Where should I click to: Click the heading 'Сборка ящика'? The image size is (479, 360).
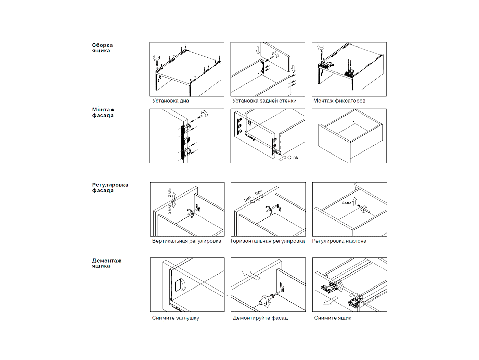tap(102, 48)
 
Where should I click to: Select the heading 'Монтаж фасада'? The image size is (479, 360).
tap(103, 112)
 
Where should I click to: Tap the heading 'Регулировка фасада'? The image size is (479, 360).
tap(110, 188)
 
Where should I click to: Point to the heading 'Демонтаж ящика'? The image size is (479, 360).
tap(106, 263)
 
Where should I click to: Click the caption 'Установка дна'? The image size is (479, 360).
tap(170, 101)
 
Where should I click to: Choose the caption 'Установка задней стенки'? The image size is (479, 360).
tap(264, 101)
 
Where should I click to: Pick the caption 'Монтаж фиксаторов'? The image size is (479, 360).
tap(339, 101)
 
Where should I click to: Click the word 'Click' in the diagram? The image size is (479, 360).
tap(293, 158)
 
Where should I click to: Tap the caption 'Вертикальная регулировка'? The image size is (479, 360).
tap(186, 241)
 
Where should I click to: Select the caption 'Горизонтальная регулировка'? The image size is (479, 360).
tap(267, 241)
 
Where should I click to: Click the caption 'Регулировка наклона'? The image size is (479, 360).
tap(339, 241)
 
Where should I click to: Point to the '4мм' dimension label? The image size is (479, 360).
tap(346, 203)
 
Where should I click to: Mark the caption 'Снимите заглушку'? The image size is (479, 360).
tap(175, 318)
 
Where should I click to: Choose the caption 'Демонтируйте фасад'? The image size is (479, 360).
tap(260, 318)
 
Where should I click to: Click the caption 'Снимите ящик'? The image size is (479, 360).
tap(333, 318)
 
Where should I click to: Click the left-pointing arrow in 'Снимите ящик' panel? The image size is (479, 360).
tap(331, 301)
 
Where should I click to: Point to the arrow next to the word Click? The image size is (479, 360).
tap(282, 158)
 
